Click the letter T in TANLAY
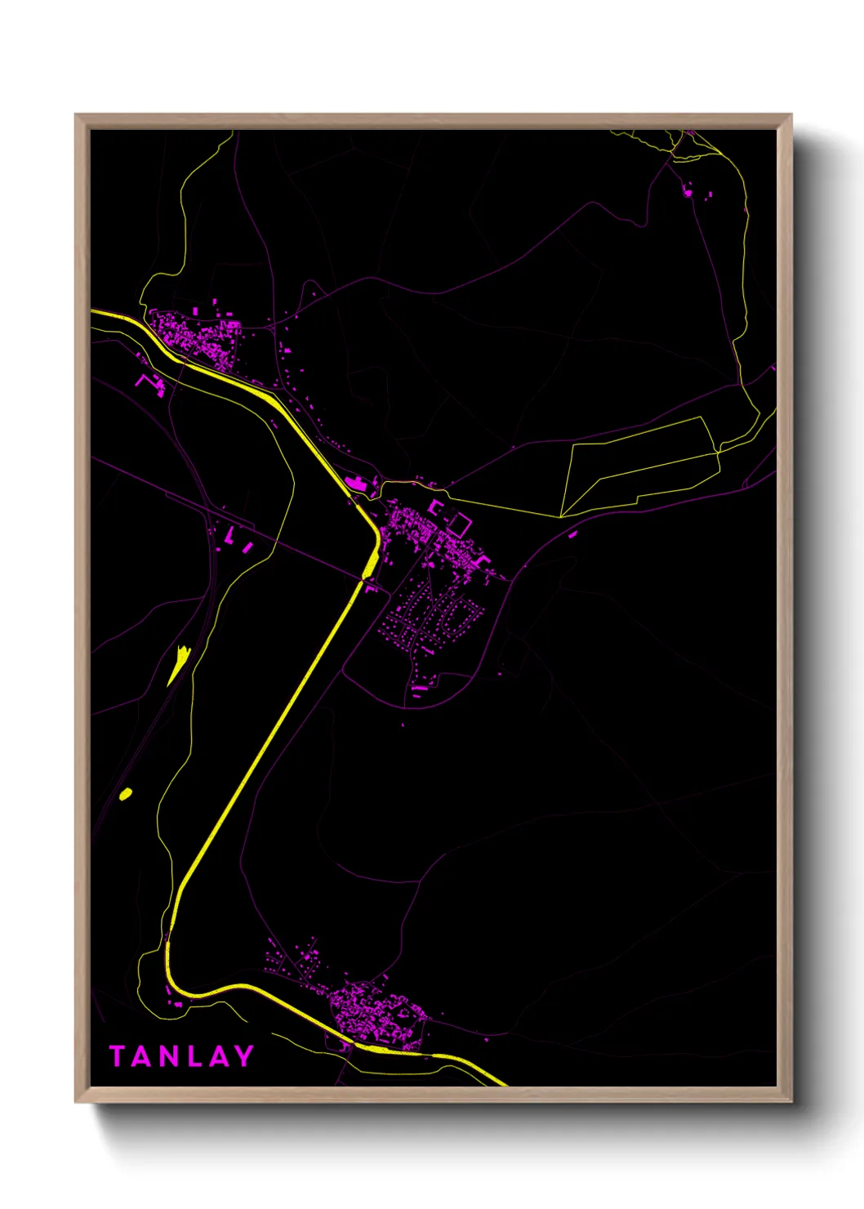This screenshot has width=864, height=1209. click(118, 1056)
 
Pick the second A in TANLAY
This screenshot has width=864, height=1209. click(217, 1056)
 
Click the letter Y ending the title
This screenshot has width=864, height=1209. click(243, 1056)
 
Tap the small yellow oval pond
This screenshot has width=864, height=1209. click(126, 793)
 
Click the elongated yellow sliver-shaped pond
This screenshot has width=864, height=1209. click(179, 664)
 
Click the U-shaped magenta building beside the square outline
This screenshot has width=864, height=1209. click(436, 509)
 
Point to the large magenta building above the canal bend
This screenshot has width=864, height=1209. click(357, 484)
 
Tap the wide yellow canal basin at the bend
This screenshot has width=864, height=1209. click(370, 562)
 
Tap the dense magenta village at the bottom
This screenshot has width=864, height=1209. click(376, 1013)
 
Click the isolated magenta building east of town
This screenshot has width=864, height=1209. click(572, 534)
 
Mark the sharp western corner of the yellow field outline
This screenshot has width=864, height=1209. click(561, 516)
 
